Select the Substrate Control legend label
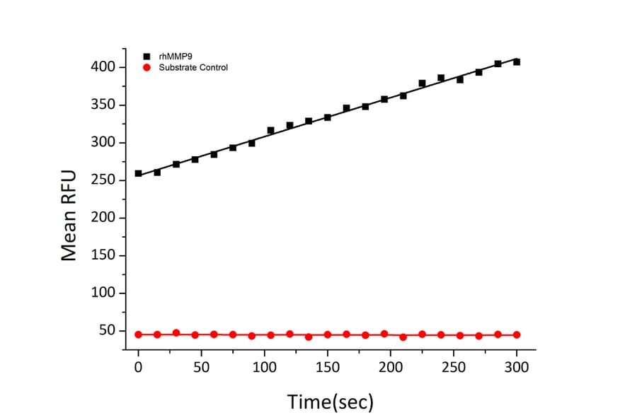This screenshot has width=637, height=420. click(x=193, y=67)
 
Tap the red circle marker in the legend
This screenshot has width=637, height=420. click(x=147, y=67)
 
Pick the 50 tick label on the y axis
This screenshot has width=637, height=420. click(x=108, y=331)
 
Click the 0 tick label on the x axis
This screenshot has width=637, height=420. click(x=138, y=368)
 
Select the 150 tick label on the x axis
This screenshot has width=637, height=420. click(x=327, y=368)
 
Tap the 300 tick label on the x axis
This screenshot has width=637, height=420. click(x=517, y=368)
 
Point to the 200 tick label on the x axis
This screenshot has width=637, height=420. click(x=390, y=368)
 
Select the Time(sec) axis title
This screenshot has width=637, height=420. click(x=330, y=402)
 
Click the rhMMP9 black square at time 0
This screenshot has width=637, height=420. click(x=138, y=173)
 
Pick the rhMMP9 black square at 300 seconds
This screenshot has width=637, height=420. click(x=517, y=62)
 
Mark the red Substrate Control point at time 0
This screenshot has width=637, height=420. click(x=138, y=334)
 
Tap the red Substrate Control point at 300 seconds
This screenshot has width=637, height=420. click(x=517, y=334)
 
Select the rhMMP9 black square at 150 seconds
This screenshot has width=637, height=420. click(x=327, y=117)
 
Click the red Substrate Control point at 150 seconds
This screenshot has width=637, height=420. click(x=327, y=334)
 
